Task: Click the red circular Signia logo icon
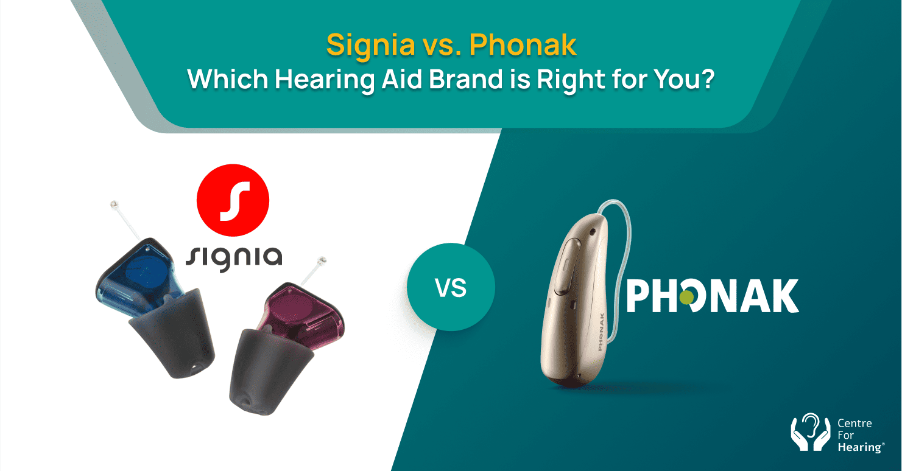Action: coord(233,201)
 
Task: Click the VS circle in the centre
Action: coord(451,287)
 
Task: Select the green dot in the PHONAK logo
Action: coord(686,297)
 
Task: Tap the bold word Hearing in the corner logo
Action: coord(859,447)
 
